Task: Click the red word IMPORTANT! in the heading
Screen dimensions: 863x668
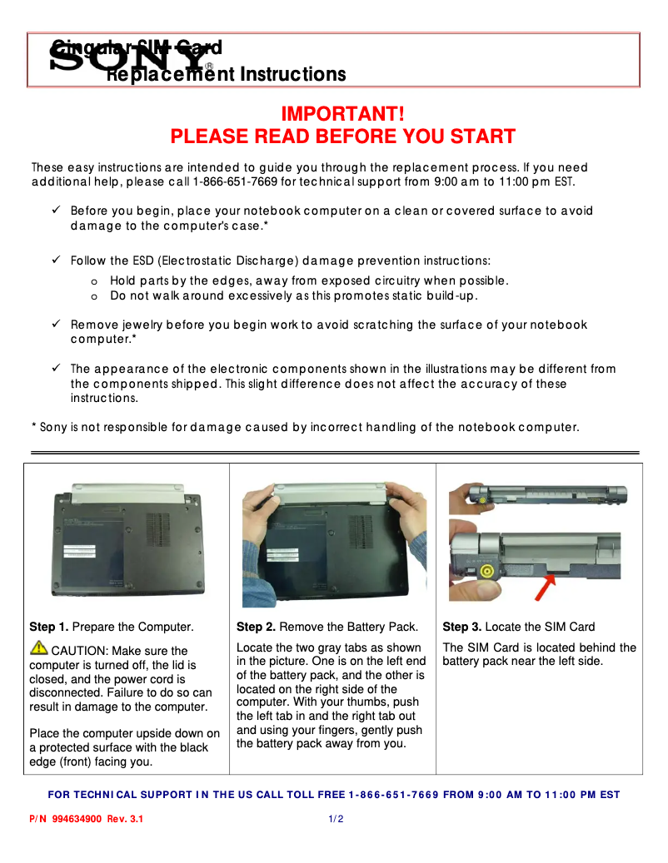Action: coord(342,113)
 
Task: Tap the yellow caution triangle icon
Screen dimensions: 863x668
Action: coord(39,648)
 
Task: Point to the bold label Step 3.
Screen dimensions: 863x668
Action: coord(461,627)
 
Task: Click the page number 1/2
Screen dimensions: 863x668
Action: coord(336,819)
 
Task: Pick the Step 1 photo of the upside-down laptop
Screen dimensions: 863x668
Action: coord(127,539)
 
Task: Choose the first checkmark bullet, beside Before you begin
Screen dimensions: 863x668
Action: coord(56,211)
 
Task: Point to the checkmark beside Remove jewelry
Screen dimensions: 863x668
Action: coord(56,325)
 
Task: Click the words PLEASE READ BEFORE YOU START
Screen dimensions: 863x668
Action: coord(342,136)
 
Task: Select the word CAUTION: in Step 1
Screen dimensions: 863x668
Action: coord(77,651)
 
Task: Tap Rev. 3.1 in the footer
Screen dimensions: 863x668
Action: coord(125,819)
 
